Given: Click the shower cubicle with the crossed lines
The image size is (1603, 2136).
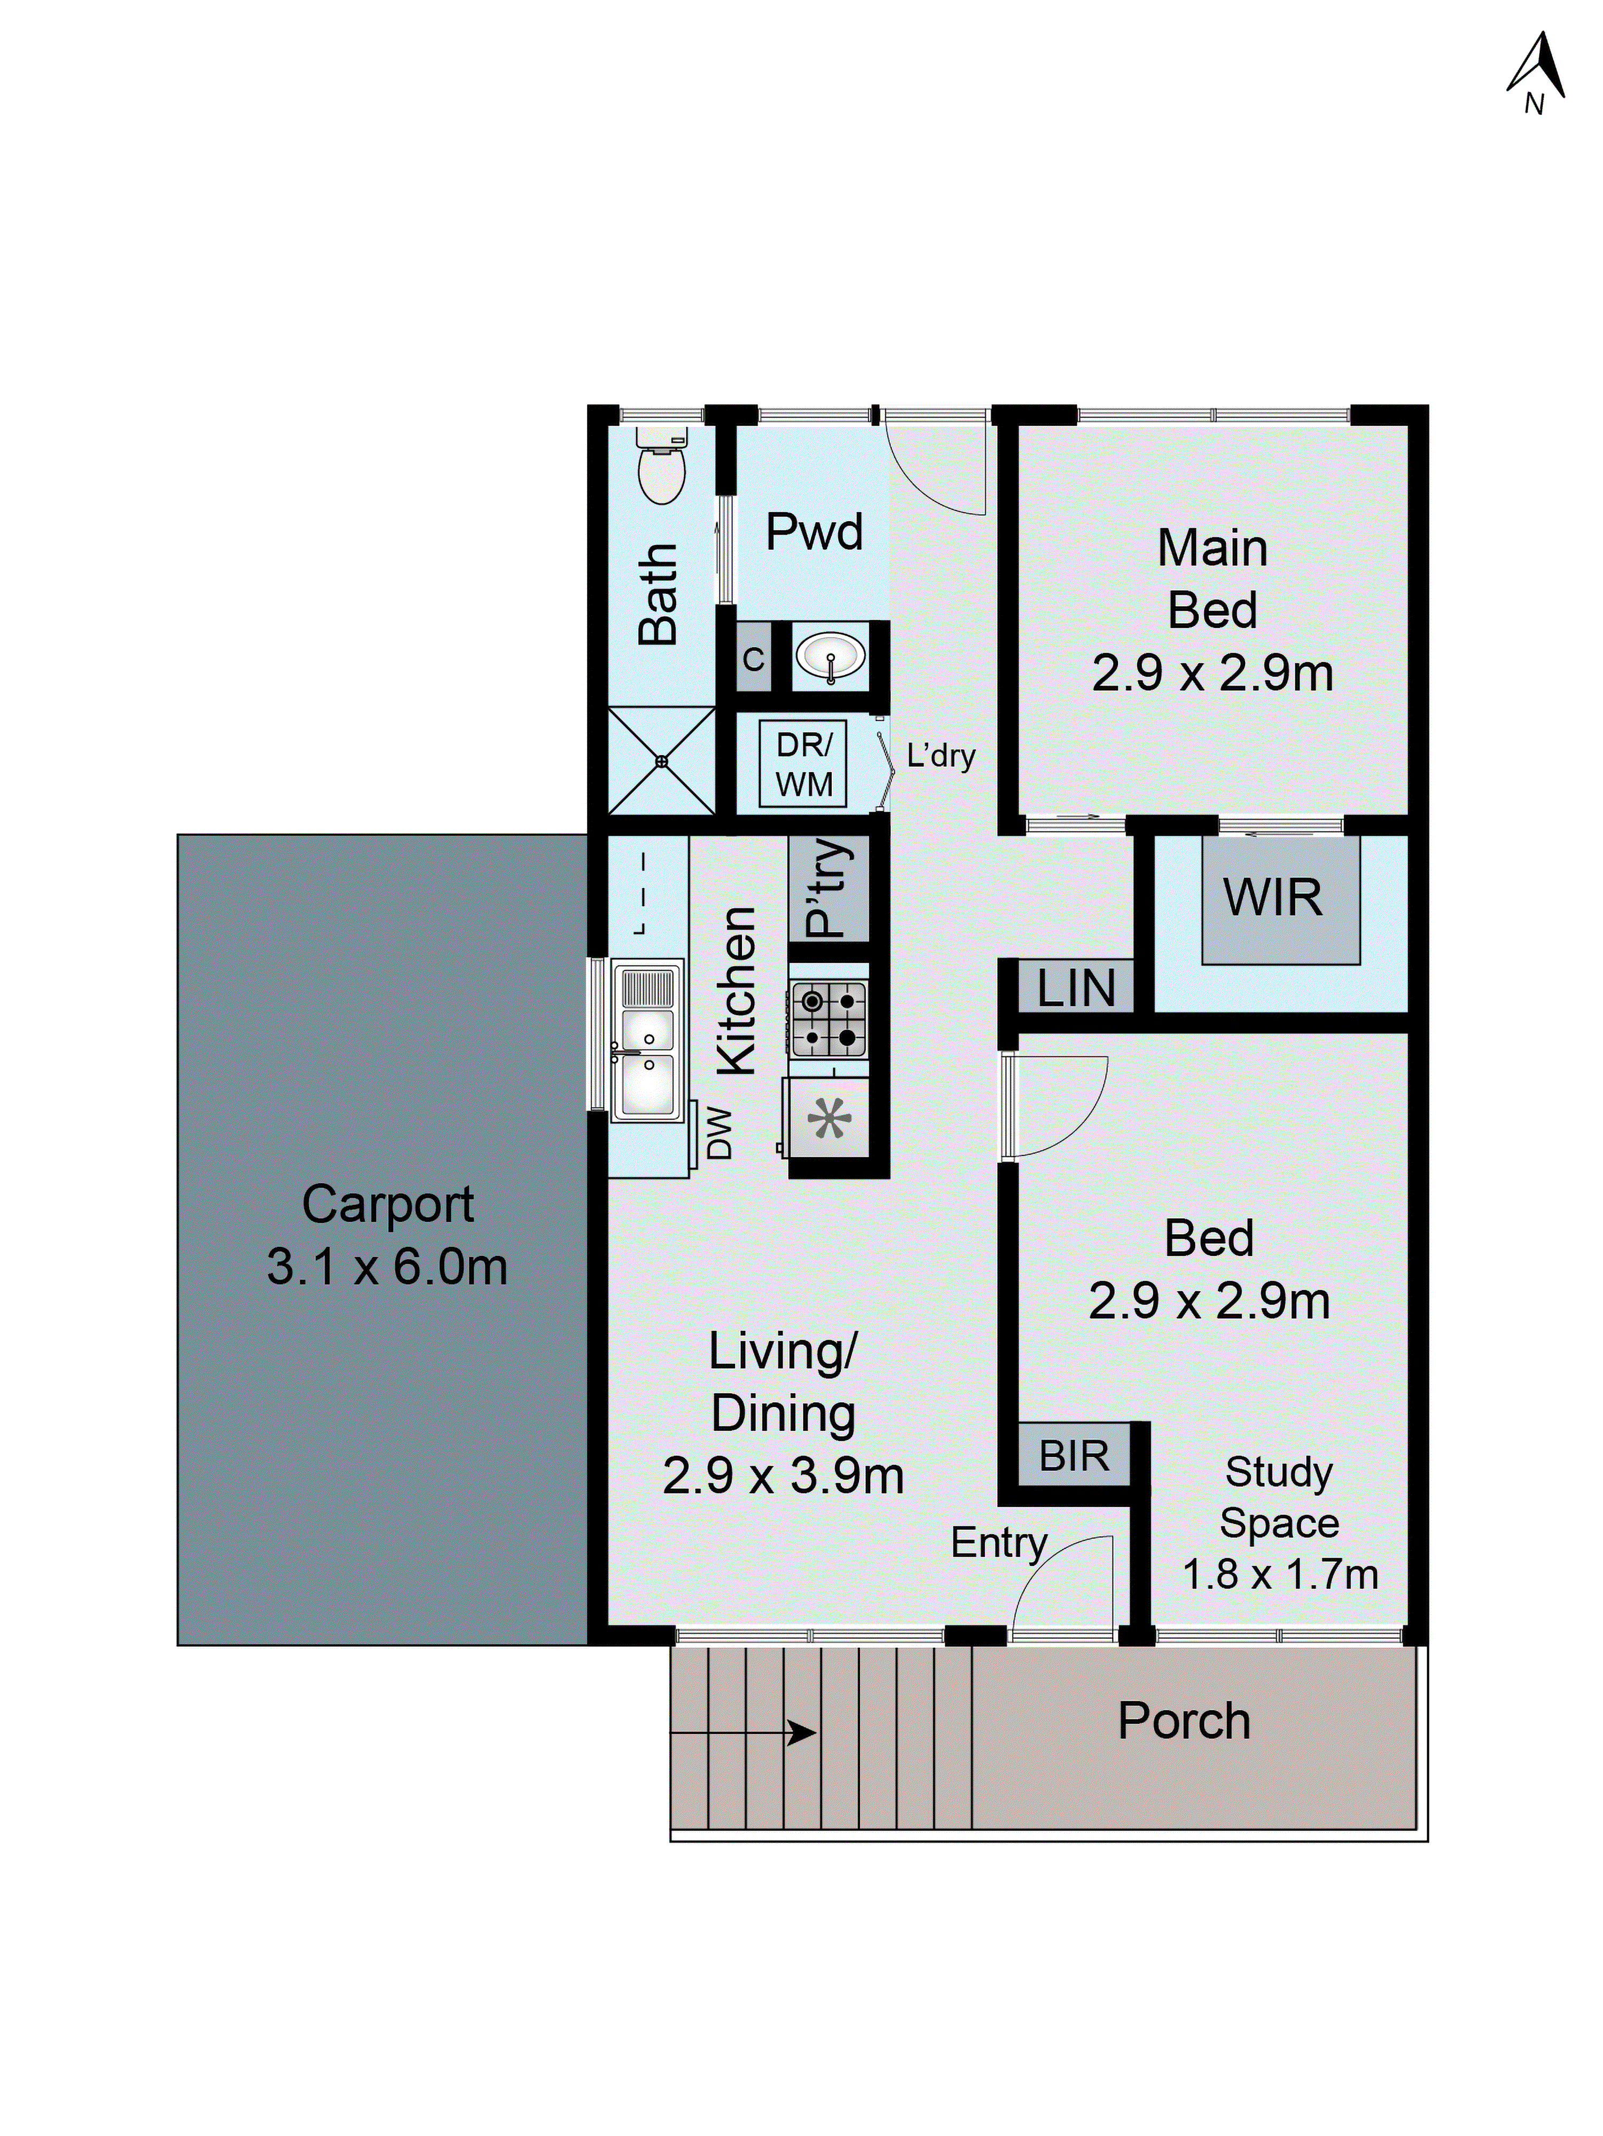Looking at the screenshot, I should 661,761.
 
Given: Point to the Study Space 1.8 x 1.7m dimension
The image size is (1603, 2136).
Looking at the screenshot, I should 1279,1574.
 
